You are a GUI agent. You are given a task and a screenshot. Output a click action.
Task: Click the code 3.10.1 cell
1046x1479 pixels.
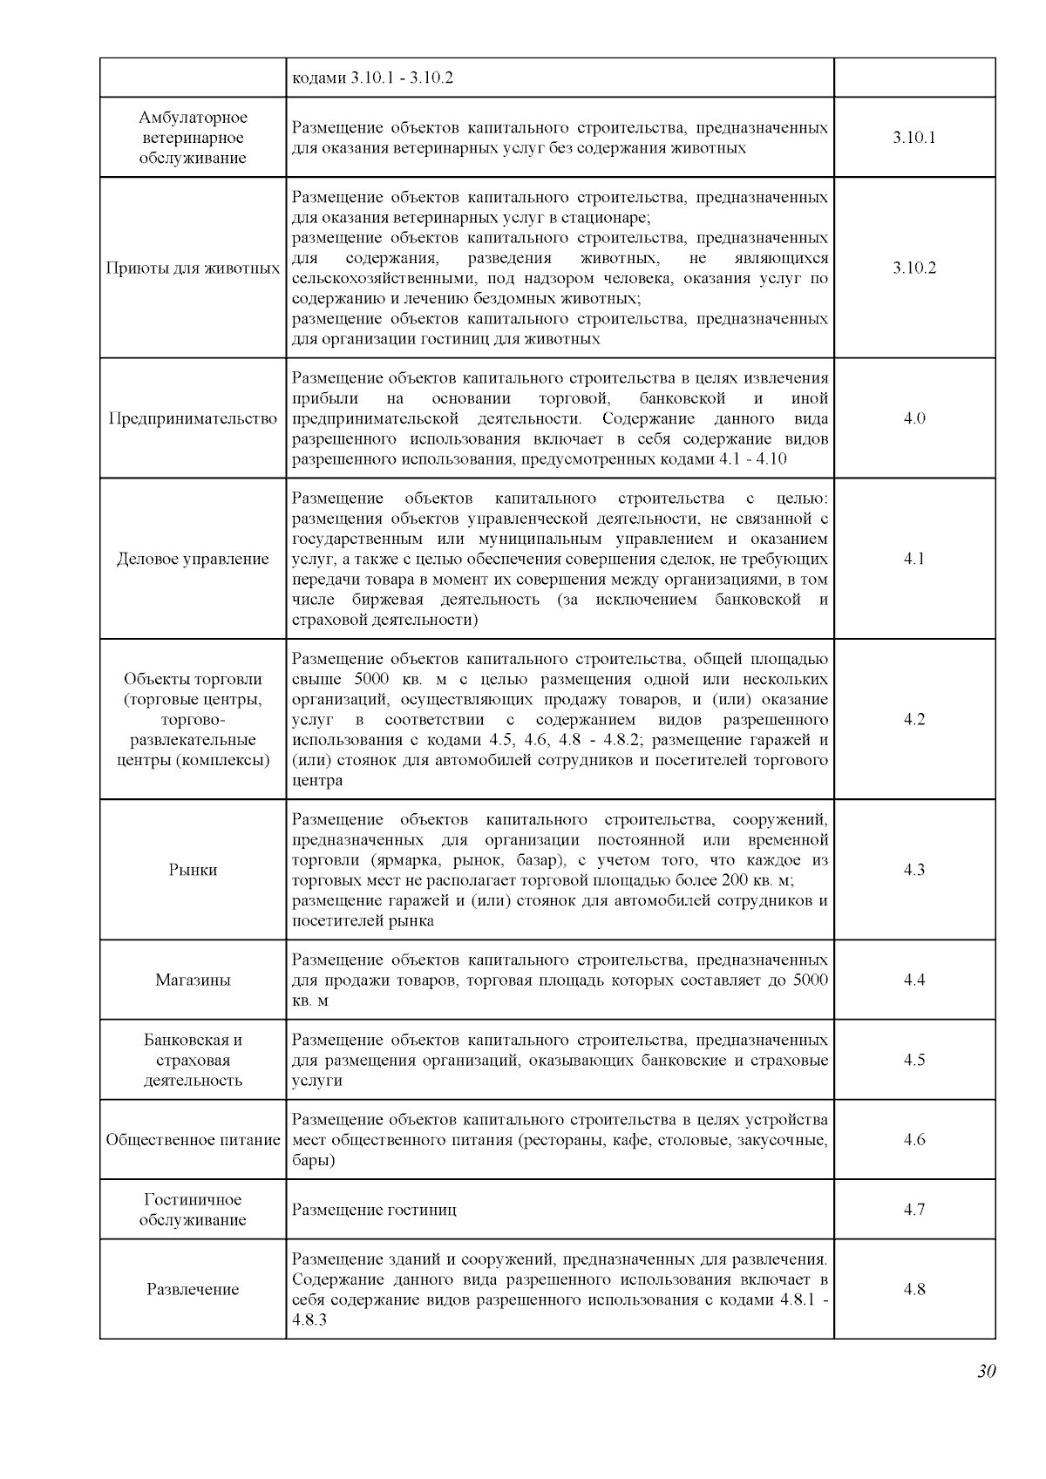click(x=914, y=138)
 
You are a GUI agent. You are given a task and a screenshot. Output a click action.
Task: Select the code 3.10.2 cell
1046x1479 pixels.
click(x=914, y=268)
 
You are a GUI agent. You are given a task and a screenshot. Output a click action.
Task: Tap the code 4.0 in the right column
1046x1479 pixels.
click(x=914, y=418)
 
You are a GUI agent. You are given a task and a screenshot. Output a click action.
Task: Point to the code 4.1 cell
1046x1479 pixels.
click(x=914, y=559)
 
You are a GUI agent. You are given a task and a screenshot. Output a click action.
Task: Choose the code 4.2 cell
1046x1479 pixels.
click(x=914, y=719)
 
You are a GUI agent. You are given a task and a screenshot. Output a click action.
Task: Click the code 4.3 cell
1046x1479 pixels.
click(x=914, y=870)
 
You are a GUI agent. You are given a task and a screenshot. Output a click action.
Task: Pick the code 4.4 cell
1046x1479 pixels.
click(x=914, y=980)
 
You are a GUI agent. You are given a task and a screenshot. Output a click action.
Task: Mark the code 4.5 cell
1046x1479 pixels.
click(x=914, y=1060)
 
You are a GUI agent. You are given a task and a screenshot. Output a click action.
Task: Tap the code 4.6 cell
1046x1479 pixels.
click(x=914, y=1140)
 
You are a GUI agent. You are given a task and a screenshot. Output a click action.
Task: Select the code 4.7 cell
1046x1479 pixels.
click(x=914, y=1210)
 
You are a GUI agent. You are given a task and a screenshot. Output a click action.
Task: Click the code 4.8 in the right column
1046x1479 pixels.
click(x=914, y=1289)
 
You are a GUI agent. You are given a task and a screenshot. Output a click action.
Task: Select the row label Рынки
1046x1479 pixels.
click(x=193, y=870)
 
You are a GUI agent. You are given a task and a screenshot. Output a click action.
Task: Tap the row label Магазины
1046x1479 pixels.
click(x=193, y=980)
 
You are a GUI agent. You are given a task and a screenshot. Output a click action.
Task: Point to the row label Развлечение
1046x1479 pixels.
click(x=193, y=1289)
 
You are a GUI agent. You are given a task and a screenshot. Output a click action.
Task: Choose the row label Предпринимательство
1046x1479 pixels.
click(x=193, y=418)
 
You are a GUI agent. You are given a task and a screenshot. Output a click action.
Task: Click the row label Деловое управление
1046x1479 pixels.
click(x=193, y=559)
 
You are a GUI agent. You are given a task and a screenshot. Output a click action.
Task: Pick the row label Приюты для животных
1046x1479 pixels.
click(x=193, y=268)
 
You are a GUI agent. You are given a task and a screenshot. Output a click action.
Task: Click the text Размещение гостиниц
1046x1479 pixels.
click(x=374, y=1210)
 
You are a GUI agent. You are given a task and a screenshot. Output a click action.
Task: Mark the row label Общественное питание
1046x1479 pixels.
click(x=193, y=1140)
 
